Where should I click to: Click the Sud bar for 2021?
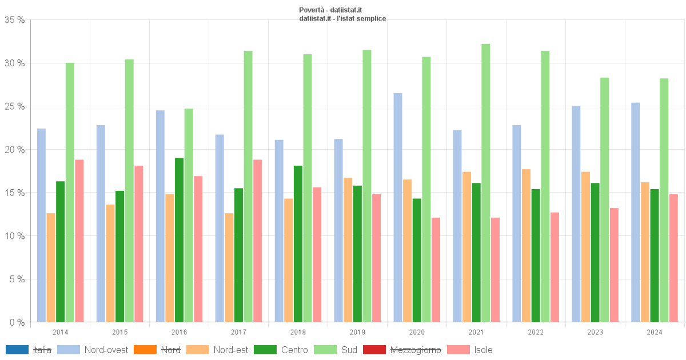point(486,183)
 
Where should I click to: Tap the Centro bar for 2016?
point(180,240)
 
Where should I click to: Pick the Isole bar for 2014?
point(79,241)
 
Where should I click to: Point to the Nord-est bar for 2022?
point(526,246)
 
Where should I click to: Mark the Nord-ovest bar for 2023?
point(576,214)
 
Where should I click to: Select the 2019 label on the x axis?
point(357,332)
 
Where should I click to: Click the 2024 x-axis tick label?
point(655,332)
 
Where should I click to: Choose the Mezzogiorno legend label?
point(416,350)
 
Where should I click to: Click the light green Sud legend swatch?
point(325,350)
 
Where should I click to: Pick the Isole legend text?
point(483,350)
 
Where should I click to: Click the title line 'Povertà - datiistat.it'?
point(330,10)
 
